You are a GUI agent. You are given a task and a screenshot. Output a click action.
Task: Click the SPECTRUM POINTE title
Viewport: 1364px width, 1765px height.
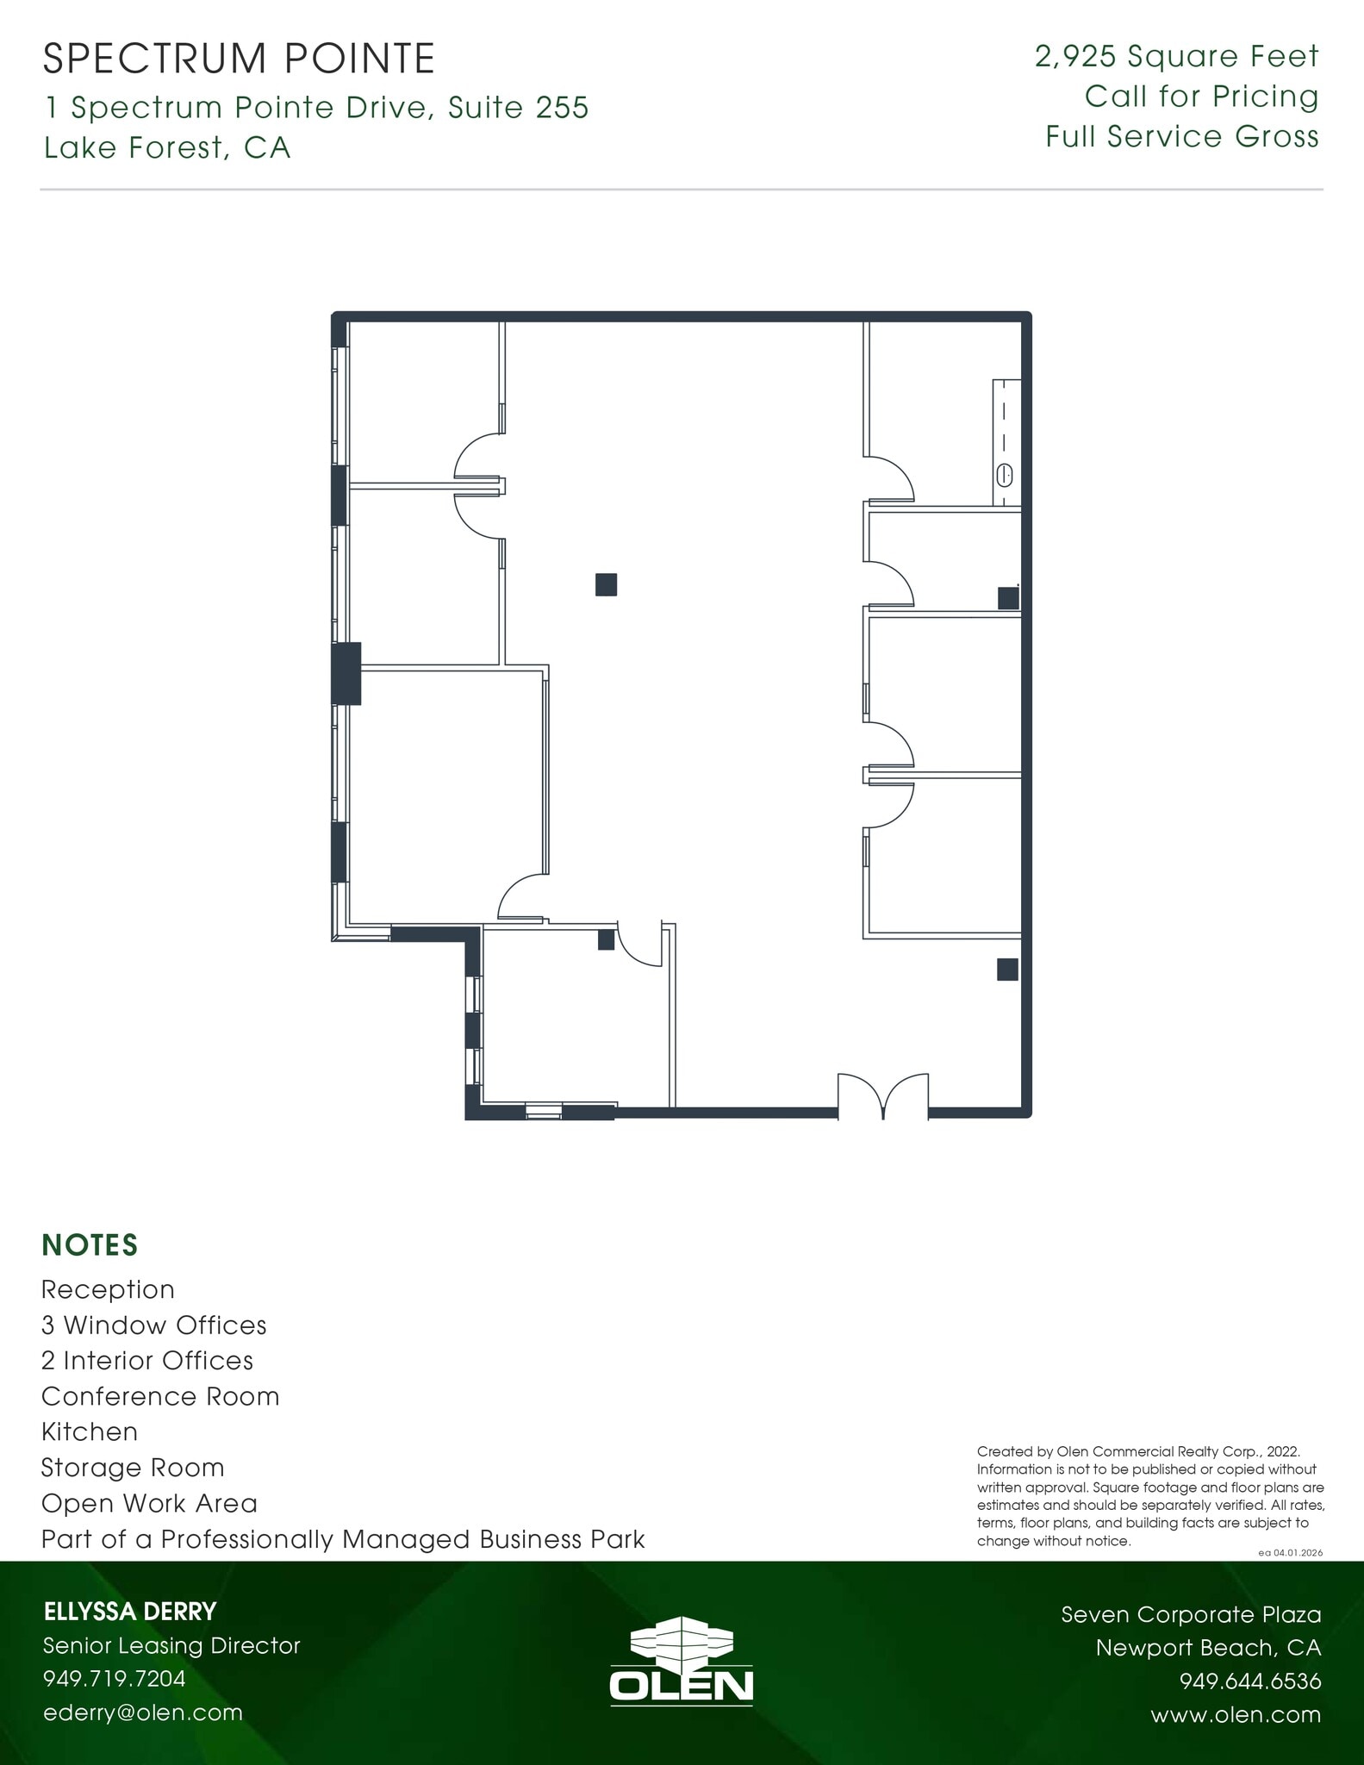point(239,59)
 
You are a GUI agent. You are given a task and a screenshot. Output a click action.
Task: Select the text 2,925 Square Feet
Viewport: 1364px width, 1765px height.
point(1176,57)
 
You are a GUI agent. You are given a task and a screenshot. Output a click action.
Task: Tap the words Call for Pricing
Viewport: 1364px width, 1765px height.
point(1201,97)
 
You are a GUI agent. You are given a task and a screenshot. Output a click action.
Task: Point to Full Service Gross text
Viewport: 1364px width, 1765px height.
point(1181,137)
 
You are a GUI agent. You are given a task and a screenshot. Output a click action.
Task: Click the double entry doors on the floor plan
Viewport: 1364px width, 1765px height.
point(883,1096)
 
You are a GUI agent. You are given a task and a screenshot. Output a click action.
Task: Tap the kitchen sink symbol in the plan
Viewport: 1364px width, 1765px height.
point(1005,474)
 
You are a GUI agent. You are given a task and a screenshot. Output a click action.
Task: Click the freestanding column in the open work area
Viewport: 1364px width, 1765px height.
point(606,584)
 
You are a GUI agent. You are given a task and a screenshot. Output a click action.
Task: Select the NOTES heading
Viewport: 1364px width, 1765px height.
point(90,1245)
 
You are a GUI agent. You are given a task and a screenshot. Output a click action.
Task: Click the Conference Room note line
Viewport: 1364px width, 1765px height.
point(160,1396)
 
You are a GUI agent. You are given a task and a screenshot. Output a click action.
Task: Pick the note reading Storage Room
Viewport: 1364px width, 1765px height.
point(133,1468)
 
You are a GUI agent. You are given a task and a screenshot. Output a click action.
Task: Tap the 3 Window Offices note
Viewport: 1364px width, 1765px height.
point(153,1325)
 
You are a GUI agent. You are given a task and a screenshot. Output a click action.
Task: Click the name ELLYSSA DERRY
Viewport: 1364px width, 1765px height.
point(129,1612)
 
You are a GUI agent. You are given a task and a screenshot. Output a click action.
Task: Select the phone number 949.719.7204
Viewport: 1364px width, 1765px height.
point(114,1679)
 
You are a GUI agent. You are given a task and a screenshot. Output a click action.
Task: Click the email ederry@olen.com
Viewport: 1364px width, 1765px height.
point(142,1712)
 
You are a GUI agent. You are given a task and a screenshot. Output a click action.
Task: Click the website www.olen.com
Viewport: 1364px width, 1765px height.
point(1235,1715)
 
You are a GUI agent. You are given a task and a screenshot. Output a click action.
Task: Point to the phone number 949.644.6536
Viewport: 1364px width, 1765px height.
point(1249,1681)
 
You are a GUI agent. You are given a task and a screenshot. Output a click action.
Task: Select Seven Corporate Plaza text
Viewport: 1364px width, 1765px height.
point(1190,1614)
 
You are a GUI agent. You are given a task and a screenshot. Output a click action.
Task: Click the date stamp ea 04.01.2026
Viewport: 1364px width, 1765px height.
point(1290,1553)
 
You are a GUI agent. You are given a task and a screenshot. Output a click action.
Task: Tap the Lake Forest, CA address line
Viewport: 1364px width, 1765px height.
point(167,148)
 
